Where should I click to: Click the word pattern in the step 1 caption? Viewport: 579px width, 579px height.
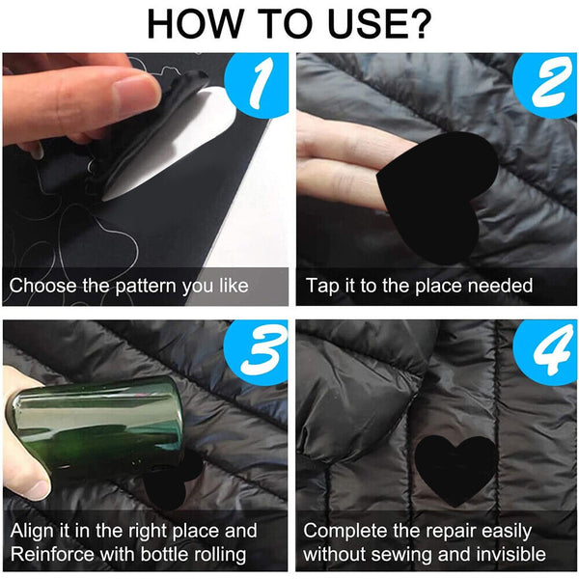coord(145,286)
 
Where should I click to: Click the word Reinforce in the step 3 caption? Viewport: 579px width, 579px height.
coord(55,555)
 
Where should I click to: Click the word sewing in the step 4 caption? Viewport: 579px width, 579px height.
coord(398,555)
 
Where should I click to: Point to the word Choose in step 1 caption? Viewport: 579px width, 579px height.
coord(40,286)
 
